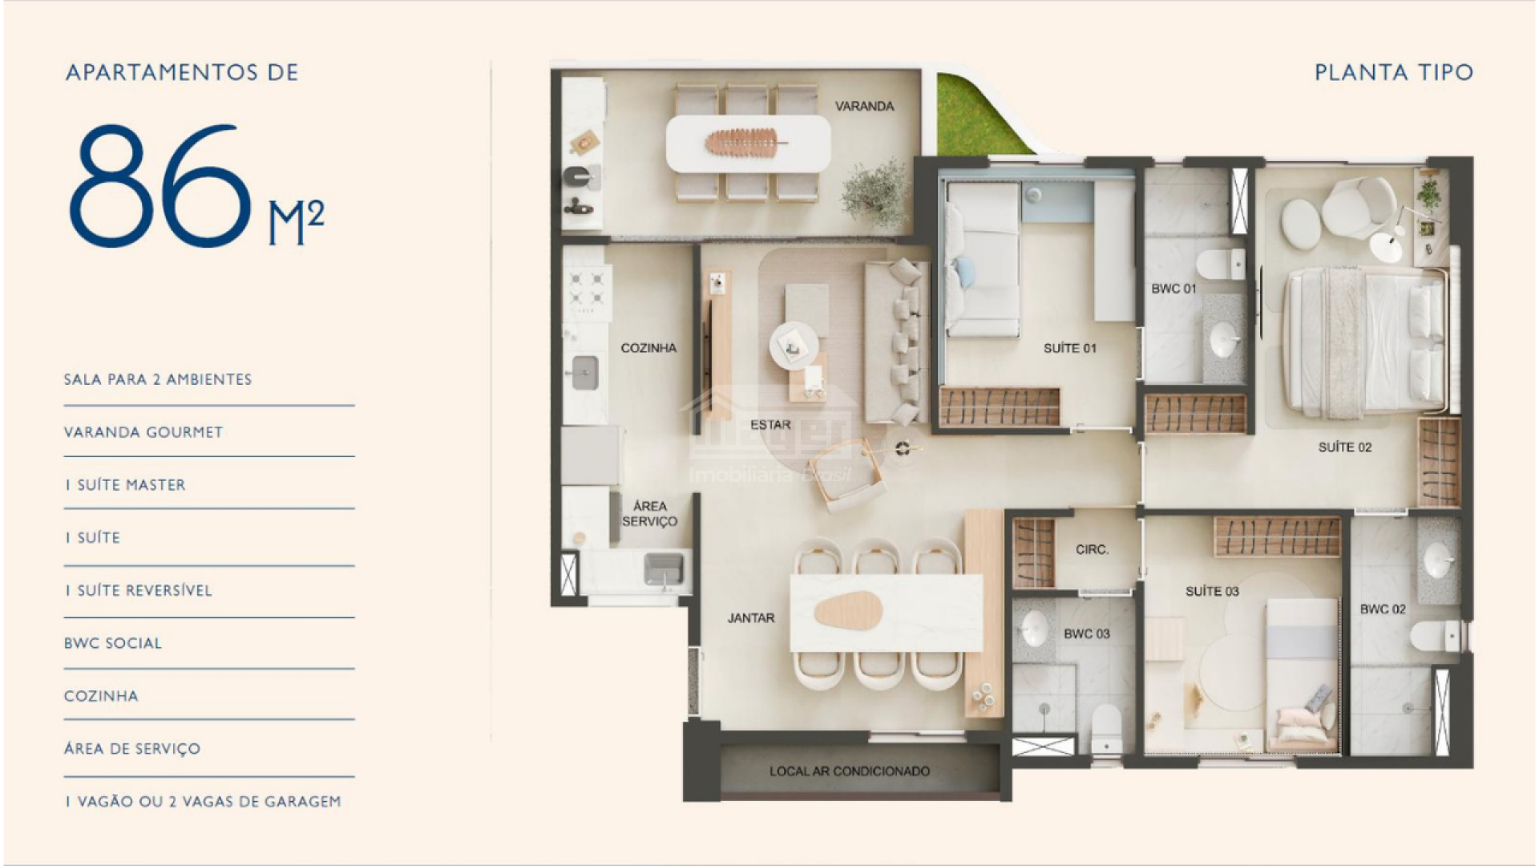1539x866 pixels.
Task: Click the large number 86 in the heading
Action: tap(159, 185)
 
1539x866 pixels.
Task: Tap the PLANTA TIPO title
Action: tap(1394, 72)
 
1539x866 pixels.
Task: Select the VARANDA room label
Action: tap(864, 106)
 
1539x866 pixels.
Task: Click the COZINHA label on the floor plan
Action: tap(648, 348)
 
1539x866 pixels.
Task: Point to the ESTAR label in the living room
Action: tap(770, 425)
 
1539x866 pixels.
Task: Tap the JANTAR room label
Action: tap(751, 618)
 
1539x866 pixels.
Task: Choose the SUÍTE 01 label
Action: tap(1069, 348)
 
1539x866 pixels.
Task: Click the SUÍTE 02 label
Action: tap(1345, 447)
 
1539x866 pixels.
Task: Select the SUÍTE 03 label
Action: tap(1212, 592)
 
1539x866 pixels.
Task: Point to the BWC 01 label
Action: tap(1173, 289)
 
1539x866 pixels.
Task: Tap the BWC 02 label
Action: tap(1383, 609)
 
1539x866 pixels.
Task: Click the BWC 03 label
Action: tap(1087, 634)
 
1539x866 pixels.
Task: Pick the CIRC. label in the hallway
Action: tap(1093, 550)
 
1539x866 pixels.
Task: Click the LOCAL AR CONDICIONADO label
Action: tap(850, 771)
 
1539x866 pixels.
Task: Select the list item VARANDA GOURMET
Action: tap(143, 432)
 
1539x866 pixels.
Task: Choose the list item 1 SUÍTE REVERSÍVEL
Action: tap(139, 591)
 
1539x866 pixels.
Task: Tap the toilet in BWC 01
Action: tap(1221, 264)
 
